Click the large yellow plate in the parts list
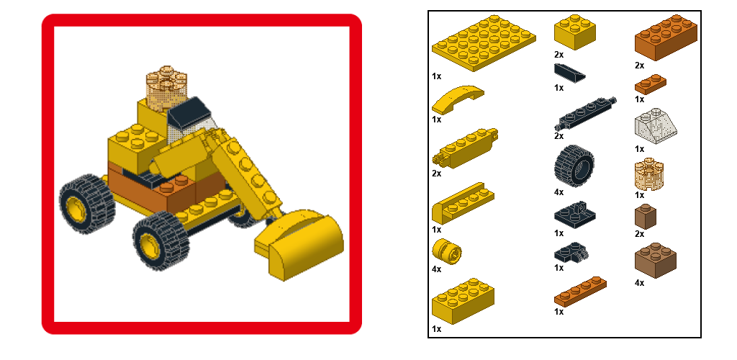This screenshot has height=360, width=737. point(484,42)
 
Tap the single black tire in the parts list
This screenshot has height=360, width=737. point(574,166)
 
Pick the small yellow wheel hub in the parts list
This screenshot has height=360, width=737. point(446,251)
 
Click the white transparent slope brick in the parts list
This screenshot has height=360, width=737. point(656,125)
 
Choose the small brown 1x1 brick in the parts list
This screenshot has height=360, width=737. point(646,216)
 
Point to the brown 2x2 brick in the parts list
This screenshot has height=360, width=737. point(656,260)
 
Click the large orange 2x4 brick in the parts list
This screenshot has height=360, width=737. point(666,37)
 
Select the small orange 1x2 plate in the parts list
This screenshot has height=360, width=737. point(650,84)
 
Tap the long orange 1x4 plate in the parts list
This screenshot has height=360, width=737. point(580,292)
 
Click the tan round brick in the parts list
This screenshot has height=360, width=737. point(649,174)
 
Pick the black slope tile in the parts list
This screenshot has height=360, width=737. point(570,73)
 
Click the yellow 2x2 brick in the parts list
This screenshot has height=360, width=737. point(575,32)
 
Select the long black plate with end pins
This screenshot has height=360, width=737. point(585,113)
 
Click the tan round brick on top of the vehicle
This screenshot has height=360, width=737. point(166,88)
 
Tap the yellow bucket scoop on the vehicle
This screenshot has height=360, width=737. point(299,244)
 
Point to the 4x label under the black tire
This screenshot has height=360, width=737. point(559,192)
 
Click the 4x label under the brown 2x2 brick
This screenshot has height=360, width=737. point(639,283)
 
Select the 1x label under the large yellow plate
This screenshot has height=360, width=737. point(437,76)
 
